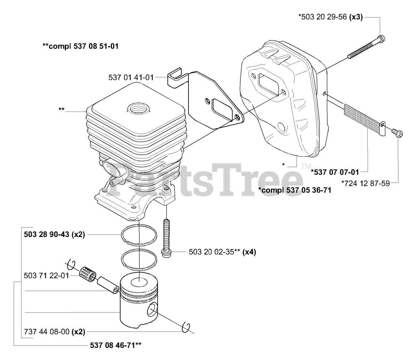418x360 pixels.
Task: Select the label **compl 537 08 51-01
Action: [x=80, y=46]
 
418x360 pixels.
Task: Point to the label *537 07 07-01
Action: [x=335, y=172]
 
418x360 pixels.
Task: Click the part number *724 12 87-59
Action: [x=365, y=183]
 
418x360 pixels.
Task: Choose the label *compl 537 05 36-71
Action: [x=295, y=190]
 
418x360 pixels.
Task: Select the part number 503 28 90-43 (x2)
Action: [x=55, y=234]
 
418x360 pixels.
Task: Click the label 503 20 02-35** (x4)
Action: [x=222, y=252]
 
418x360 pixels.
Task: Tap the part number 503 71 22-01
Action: [x=47, y=276]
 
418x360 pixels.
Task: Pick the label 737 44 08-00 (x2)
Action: [x=55, y=332]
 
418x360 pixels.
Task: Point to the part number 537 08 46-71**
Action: [x=116, y=345]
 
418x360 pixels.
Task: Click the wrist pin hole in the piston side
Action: [x=152, y=309]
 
